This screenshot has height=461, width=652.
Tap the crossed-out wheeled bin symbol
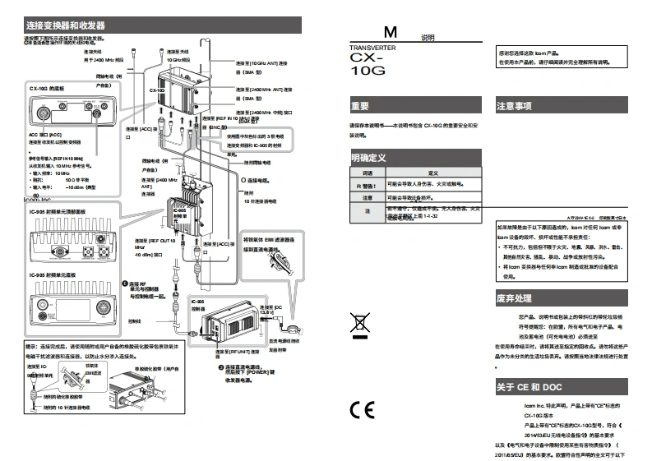click(360, 324)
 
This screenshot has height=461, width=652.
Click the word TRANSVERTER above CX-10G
click(372, 48)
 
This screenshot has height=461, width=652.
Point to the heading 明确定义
click(368, 157)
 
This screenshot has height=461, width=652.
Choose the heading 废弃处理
click(514, 297)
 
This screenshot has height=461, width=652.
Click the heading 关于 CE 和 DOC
click(529, 387)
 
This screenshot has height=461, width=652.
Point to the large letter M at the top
click(391, 33)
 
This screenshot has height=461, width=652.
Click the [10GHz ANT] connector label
click(259, 62)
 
